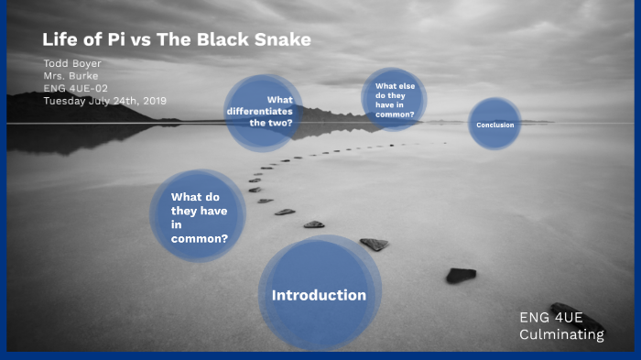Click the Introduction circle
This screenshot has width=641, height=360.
click(319, 295)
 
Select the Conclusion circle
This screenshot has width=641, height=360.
click(494, 124)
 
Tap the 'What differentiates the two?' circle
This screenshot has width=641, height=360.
click(264, 112)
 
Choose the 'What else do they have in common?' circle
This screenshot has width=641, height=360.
click(394, 99)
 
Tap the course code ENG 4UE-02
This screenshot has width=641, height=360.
click(76, 88)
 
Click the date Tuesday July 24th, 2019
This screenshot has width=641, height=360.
click(104, 100)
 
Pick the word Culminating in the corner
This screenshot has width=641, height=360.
click(561, 334)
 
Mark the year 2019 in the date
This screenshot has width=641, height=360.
click(152, 100)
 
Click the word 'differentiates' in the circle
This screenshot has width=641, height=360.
click(260, 111)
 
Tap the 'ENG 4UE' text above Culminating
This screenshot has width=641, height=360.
click(550, 318)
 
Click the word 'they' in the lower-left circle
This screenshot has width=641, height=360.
click(187, 211)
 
